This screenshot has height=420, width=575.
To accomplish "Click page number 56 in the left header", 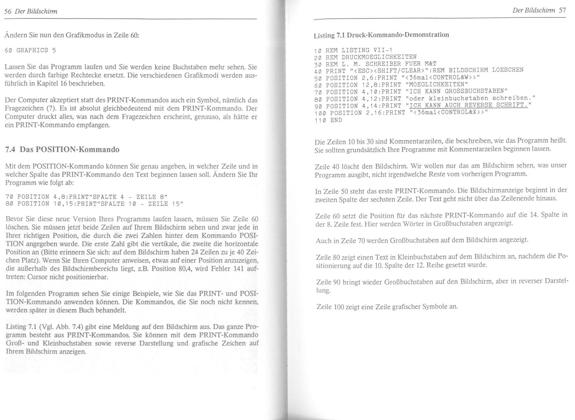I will pyautogui.click(x=8, y=12).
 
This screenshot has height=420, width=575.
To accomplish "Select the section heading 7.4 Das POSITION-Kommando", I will pyautogui.click(x=62, y=150).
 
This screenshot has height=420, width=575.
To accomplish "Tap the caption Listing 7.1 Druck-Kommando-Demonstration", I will pyautogui.click(x=381, y=35).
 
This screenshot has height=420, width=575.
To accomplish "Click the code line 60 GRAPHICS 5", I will pyautogui.click(x=31, y=50).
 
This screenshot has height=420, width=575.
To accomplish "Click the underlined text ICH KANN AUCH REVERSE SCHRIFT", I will pyautogui.click(x=469, y=105).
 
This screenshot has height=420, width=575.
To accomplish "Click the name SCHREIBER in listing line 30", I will pyautogui.click(x=381, y=64).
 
